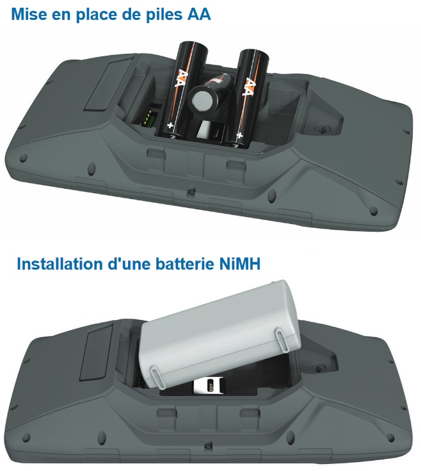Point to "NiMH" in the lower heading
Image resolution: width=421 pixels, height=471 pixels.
click(237, 264)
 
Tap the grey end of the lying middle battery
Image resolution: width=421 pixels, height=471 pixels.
click(204, 99)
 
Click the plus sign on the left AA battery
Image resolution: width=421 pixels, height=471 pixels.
click(170, 127)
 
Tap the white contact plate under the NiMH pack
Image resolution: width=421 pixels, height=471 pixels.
click(209, 387)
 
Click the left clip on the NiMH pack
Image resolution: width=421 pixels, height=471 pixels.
click(155, 374)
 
